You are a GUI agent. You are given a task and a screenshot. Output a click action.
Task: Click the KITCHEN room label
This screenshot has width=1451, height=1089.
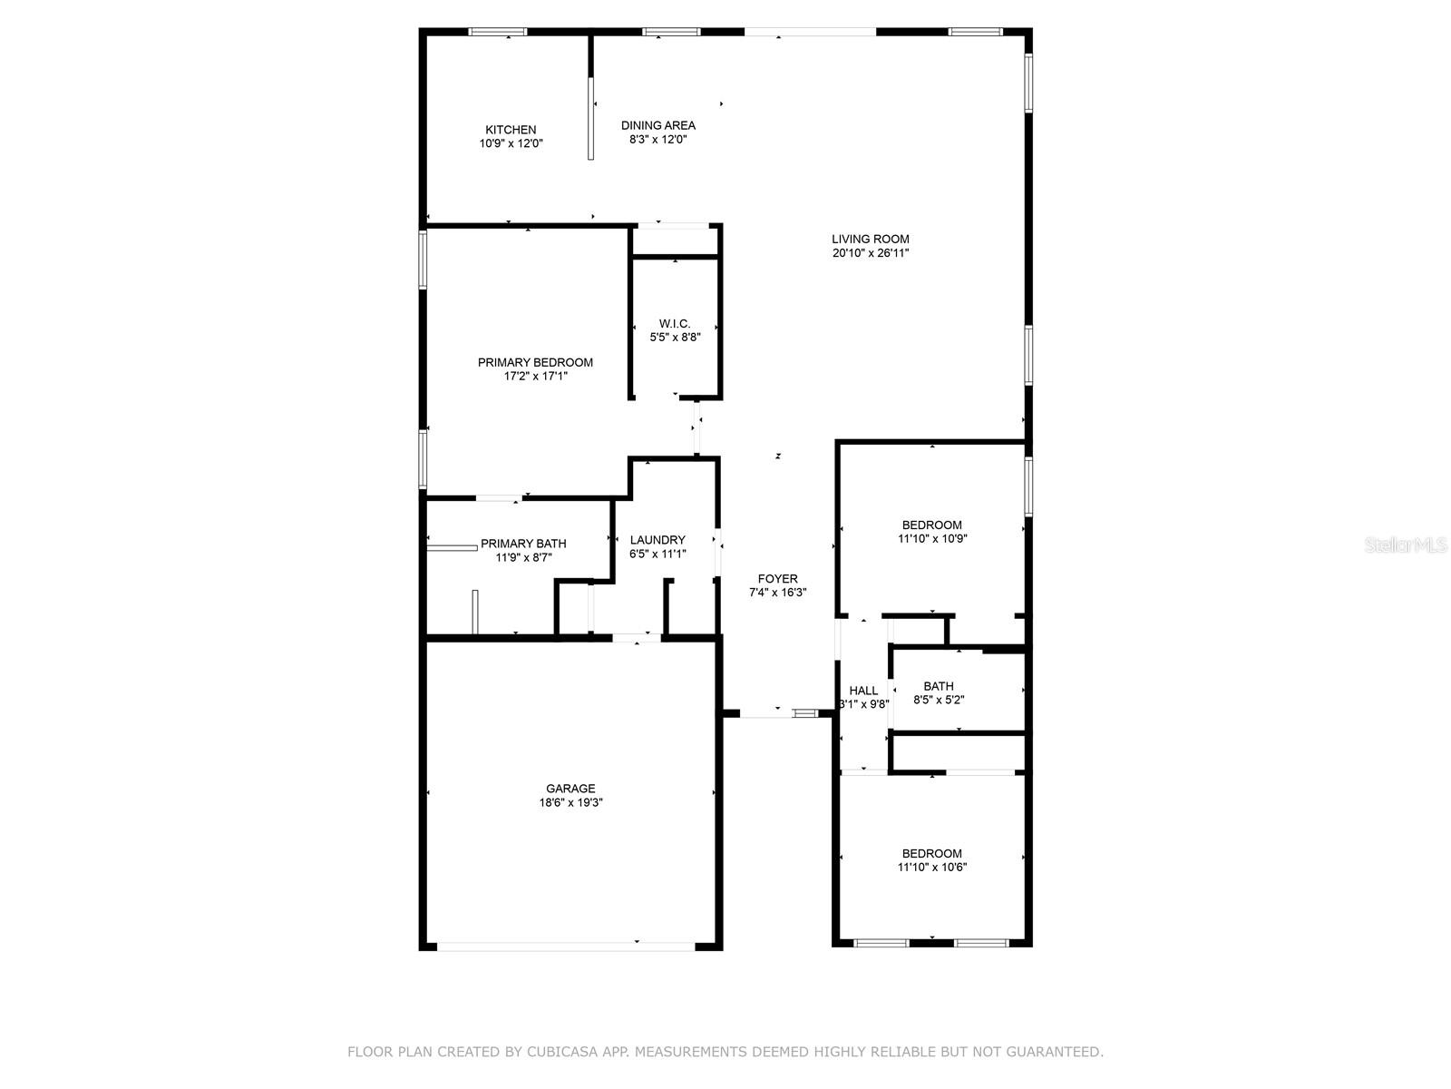click(x=511, y=130)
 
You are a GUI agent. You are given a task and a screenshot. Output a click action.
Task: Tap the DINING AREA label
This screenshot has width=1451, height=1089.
click(x=658, y=125)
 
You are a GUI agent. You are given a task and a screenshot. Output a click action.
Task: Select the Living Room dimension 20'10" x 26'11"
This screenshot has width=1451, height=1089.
click(x=871, y=253)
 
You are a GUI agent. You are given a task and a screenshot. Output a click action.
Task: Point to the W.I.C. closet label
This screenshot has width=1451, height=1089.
click(x=675, y=323)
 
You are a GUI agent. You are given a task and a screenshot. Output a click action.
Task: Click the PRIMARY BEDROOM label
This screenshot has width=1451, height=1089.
click(x=535, y=362)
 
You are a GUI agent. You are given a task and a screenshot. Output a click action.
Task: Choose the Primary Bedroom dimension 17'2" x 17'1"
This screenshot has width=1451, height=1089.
click(x=535, y=376)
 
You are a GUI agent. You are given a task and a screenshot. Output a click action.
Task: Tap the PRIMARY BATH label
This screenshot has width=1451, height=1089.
click(x=523, y=544)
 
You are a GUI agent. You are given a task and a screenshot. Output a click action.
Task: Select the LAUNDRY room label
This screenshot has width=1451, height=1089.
click(x=657, y=540)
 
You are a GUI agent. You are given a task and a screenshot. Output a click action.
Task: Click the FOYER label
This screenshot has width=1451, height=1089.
click(x=778, y=578)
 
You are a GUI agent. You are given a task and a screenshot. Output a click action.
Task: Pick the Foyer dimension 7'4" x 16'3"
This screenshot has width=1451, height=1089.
click(x=778, y=593)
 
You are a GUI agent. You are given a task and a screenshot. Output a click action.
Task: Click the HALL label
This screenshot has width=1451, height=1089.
click(x=863, y=691)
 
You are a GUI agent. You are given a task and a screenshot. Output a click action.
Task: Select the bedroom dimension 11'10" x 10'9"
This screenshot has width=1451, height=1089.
click(x=931, y=538)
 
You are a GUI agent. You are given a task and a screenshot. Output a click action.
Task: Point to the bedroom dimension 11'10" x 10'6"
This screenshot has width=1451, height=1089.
click(x=931, y=867)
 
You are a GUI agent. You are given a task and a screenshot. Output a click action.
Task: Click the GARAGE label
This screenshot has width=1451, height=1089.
click(x=570, y=789)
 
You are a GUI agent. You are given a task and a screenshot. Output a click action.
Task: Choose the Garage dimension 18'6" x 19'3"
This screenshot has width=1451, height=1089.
click(x=570, y=802)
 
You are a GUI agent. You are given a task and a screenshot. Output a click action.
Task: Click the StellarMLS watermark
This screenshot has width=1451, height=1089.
click(x=1407, y=544)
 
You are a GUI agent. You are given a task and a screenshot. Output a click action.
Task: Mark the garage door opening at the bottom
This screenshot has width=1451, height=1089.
click(x=567, y=946)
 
